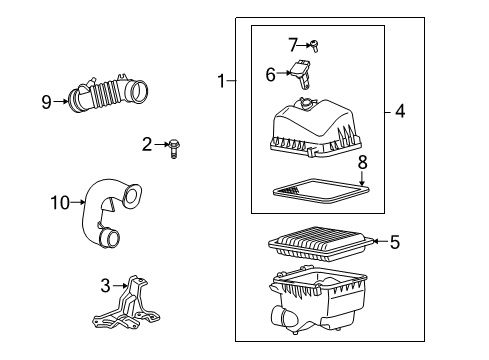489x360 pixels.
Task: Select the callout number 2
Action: [147, 146]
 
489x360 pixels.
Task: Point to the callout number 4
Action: [400, 111]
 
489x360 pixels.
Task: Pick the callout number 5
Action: [394, 241]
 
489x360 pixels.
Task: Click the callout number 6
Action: [270, 74]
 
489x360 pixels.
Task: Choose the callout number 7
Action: [293, 43]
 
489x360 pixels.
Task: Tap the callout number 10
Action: [59, 203]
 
